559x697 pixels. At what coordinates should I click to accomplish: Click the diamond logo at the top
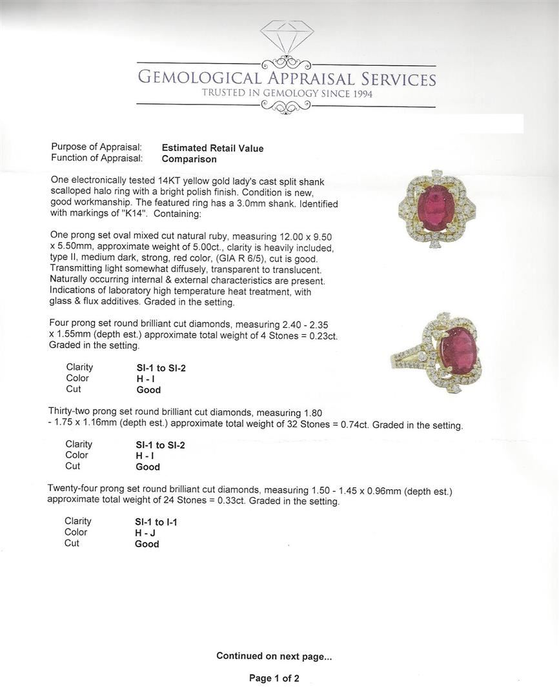pyautogui.click(x=287, y=37)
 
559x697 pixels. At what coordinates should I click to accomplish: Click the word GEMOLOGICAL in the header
pyautogui.click(x=199, y=79)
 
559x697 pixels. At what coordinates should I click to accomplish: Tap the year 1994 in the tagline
pyautogui.click(x=356, y=94)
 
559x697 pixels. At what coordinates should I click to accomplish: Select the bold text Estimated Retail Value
pyautogui.click(x=212, y=148)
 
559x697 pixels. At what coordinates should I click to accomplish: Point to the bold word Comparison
pyautogui.click(x=189, y=159)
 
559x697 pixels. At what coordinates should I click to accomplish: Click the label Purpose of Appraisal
pyautogui.click(x=96, y=148)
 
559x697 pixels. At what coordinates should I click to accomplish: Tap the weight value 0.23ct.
pyautogui.click(x=323, y=336)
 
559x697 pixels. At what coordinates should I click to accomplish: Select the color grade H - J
pyautogui.click(x=145, y=533)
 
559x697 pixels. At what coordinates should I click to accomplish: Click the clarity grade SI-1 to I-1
pyautogui.click(x=156, y=522)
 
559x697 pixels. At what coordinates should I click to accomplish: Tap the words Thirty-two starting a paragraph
pyautogui.click(x=74, y=412)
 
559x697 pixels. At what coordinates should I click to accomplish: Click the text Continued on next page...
pyautogui.click(x=274, y=656)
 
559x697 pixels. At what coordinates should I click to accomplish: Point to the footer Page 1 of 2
pyautogui.click(x=274, y=678)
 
